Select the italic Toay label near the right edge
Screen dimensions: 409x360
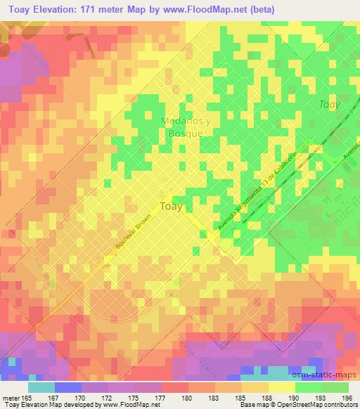pyautogui.click(x=329, y=105)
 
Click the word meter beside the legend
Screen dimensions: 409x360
pyautogui.click(x=11, y=398)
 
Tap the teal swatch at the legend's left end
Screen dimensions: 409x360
pyautogui.click(x=41, y=388)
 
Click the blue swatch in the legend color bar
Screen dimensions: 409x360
pyautogui.click(x=67, y=388)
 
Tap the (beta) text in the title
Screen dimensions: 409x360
pyautogui.click(x=262, y=9)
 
